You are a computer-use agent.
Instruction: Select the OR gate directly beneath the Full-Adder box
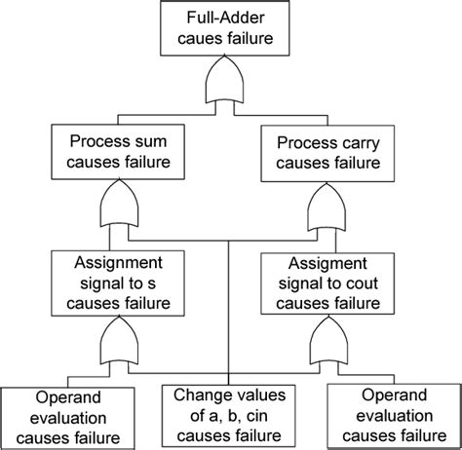[230, 89]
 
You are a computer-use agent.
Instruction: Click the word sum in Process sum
[156, 140]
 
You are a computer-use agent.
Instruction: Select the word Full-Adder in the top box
[230, 19]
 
